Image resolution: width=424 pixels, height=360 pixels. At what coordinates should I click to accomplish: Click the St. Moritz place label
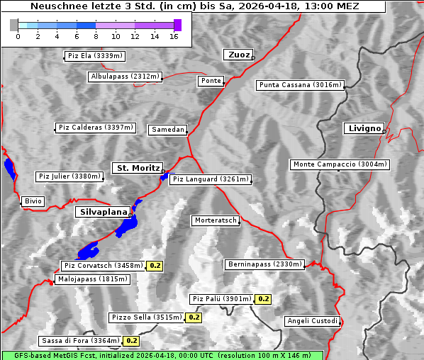[137, 168]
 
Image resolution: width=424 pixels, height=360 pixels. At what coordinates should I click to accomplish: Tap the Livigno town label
[364, 128]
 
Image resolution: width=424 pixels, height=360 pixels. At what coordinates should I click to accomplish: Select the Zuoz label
[238, 55]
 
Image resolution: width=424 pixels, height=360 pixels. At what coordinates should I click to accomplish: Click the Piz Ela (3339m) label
[94, 55]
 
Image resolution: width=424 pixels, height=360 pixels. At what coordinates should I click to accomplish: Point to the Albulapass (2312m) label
[125, 77]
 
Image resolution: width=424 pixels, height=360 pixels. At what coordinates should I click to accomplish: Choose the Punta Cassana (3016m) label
[300, 85]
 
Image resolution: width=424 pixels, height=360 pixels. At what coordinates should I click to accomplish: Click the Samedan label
[167, 130]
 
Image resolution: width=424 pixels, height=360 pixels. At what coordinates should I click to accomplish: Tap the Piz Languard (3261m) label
[211, 179]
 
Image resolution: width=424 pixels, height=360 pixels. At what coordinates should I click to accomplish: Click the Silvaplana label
[103, 212]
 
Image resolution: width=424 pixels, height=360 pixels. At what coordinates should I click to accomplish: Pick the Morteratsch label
[216, 220]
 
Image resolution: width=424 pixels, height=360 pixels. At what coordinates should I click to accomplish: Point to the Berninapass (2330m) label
[264, 264]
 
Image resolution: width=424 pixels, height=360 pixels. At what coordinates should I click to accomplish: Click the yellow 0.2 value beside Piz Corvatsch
[155, 266]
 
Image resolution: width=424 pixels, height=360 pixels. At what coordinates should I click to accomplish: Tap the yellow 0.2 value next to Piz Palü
[263, 299]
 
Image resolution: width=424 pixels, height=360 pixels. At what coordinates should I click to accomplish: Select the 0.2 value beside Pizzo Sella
[194, 317]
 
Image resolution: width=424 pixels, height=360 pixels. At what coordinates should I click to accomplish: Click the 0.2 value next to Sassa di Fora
[131, 341]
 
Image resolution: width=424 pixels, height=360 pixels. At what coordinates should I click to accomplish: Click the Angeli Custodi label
[312, 321]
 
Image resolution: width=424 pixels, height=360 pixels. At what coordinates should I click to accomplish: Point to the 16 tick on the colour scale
[174, 36]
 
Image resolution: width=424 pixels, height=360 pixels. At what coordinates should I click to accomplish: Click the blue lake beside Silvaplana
[129, 224]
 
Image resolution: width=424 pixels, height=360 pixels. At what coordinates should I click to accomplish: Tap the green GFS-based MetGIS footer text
[162, 355]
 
